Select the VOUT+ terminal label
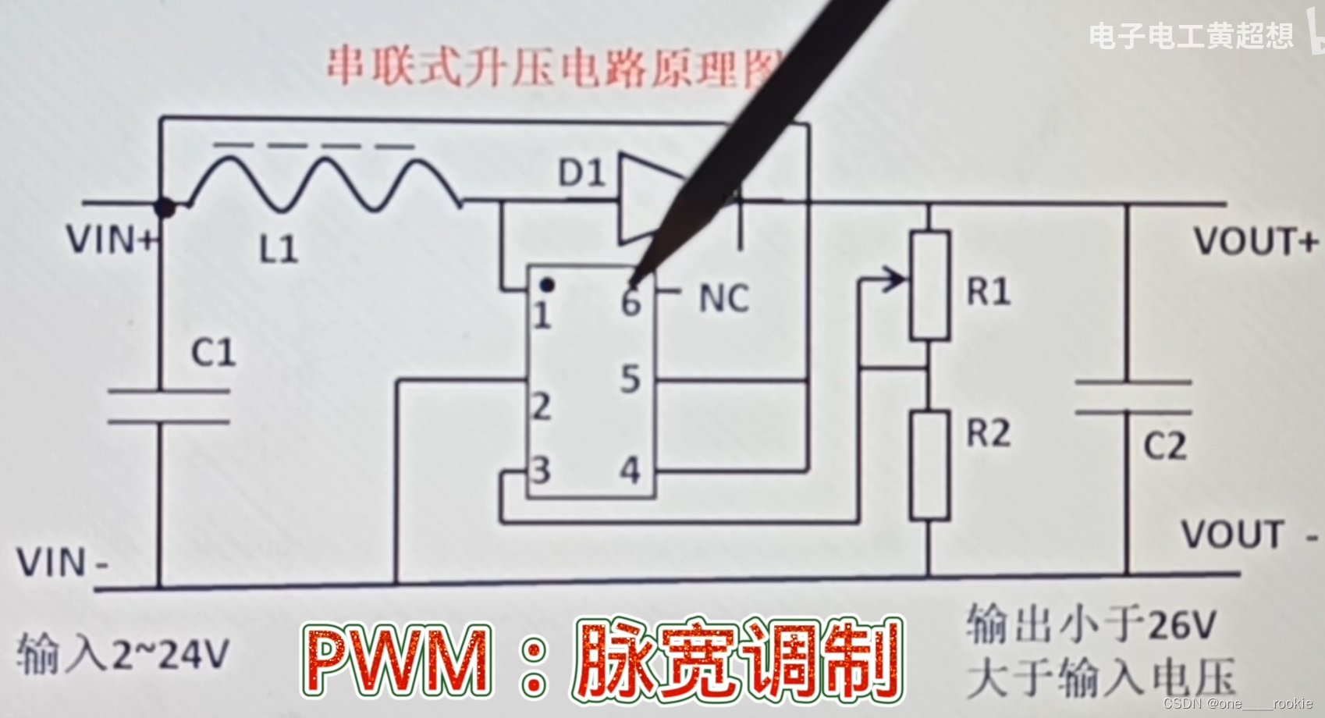[1254, 242]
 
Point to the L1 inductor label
[279, 250]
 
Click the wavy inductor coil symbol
[324, 184]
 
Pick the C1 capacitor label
[213, 353]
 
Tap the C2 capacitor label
[1164, 446]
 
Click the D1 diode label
[582, 172]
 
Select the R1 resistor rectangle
[929, 286]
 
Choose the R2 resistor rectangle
[929, 466]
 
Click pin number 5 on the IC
[631, 379]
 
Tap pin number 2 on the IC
[541, 407]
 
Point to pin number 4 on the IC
[631, 471]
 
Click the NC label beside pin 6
[723, 299]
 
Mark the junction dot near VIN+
[165, 208]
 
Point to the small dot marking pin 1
[548, 286]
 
